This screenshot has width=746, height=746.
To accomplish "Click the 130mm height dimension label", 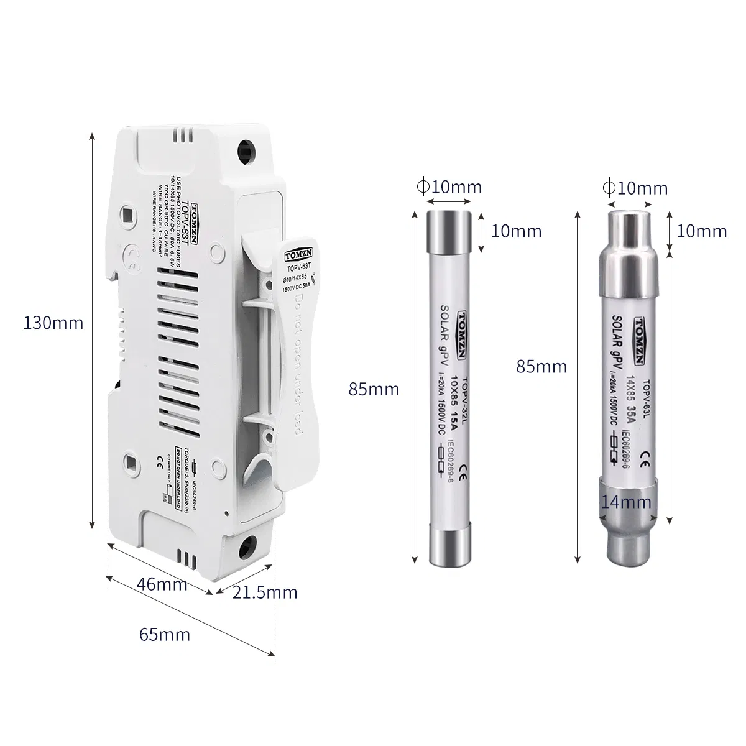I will click(x=53, y=323).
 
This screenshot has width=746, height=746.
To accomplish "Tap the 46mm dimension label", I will click(x=162, y=584).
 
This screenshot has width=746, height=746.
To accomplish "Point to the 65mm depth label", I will click(x=165, y=635).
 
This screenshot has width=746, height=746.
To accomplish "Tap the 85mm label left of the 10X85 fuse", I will click(x=374, y=390).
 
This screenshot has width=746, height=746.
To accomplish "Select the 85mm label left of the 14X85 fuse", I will click(x=541, y=366).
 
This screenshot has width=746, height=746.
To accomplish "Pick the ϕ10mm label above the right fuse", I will click(x=635, y=188).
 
